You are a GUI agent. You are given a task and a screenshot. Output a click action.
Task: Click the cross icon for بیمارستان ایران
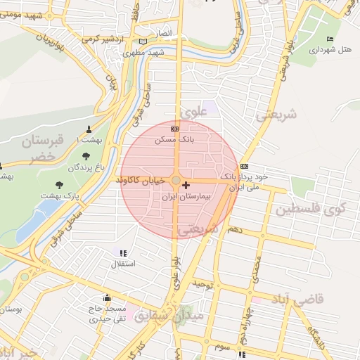point(185,186)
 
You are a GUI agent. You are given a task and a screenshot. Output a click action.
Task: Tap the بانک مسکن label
point(174,140)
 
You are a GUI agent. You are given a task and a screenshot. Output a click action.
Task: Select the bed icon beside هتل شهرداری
point(330,38)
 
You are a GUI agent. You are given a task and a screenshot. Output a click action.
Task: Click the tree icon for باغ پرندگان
point(86,156)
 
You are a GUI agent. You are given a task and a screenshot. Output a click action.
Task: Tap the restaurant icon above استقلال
point(124,252)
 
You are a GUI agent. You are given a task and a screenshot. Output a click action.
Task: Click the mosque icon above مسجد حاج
point(107,297)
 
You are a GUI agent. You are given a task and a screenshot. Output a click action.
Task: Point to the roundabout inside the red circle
point(176,180)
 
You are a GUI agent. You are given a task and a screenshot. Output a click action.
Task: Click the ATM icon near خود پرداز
point(244,166)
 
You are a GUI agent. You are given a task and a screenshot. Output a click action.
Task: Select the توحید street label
point(203,283)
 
